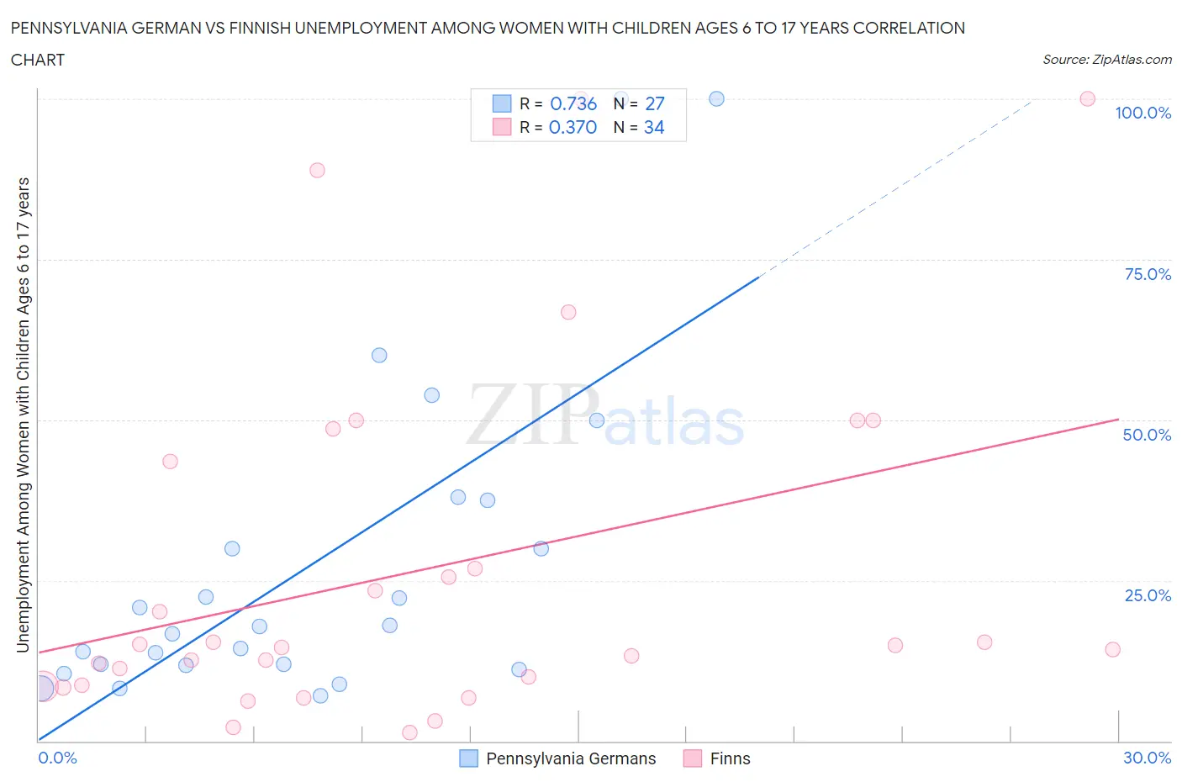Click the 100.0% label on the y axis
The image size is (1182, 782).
pos(1142,113)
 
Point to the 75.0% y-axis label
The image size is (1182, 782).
pos(1148,274)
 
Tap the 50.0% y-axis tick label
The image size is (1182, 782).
pos(1147,435)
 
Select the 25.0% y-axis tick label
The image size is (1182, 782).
pos(1148,595)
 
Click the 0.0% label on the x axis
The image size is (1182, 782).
pos(57,758)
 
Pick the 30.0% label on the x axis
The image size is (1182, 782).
pos(1147,758)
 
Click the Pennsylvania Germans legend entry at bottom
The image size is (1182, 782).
pos(570,758)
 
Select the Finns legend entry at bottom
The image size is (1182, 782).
pos(730,758)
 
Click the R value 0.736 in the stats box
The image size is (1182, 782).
pos(573,103)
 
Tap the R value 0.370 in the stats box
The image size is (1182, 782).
pos(573,127)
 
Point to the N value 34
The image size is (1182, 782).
pos(654,127)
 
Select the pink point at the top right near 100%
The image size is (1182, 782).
pos(1087,98)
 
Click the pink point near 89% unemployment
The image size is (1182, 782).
pos(317,170)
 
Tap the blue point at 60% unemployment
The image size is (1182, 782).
pos(379,355)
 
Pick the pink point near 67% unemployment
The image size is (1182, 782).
pos(568,312)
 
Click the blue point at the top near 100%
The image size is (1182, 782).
pos(716,98)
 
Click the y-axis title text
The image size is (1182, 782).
pos(23,415)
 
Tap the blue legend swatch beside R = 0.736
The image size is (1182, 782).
pos(502,103)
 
